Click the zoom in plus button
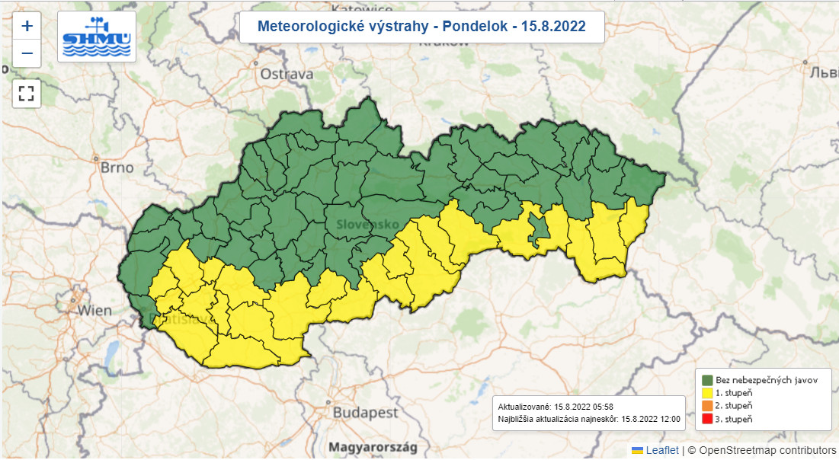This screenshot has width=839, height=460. pyautogui.click(x=27, y=26)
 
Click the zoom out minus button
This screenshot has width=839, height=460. pyautogui.click(x=27, y=53)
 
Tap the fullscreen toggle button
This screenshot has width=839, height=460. pyautogui.click(x=27, y=94)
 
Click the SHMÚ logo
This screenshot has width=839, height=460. pyautogui.click(x=97, y=37)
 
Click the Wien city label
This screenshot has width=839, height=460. pyautogui.click(x=94, y=311)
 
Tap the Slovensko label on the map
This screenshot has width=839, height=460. pyautogui.click(x=368, y=225)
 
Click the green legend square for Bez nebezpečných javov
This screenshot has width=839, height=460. pyautogui.click(x=707, y=379)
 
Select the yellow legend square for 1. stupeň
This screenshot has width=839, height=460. pyautogui.click(x=707, y=393)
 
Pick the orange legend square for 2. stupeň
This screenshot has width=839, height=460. pyautogui.click(x=707, y=406)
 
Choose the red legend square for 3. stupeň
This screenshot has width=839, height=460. pyautogui.click(x=707, y=420)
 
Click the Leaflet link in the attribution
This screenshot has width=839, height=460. pyautogui.click(x=662, y=450)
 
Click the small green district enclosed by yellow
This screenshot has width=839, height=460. pyautogui.click(x=540, y=232)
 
